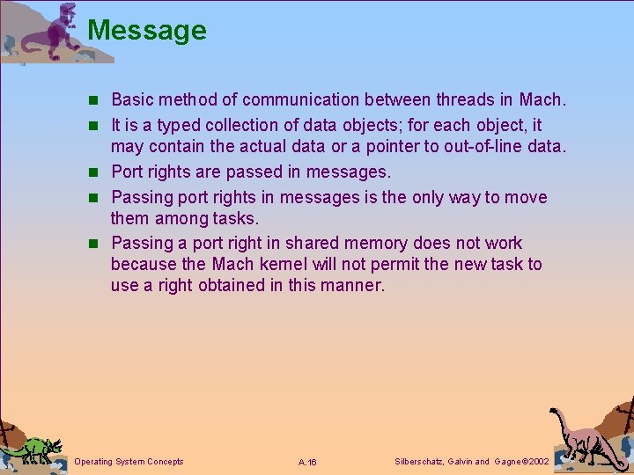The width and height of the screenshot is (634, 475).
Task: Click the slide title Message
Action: (147, 31)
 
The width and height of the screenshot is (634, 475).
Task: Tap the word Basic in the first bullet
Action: (131, 100)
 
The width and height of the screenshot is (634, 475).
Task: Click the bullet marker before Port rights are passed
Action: (98, 172)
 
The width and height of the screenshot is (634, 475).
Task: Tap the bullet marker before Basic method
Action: (98, 101)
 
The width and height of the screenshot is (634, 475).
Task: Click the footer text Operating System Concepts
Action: (129, 462)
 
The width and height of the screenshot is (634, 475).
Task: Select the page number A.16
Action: (307, 463)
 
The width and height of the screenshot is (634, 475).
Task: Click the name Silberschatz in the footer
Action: (418, 462)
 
